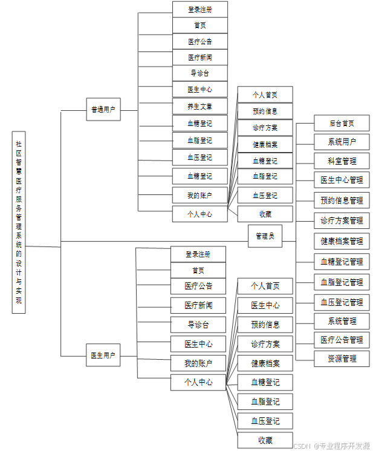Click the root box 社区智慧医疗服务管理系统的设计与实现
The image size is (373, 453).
coord(19,222)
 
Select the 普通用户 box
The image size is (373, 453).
coord(103,110)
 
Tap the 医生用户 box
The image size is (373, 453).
coord(103,355)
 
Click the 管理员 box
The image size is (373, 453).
coord(265,236)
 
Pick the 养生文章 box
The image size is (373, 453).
coord(199,107)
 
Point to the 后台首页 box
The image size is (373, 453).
coord(342,123)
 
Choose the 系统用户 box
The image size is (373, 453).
coord(342,142)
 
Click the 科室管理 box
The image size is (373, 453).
coord(342,161)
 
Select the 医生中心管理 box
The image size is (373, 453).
coord(342,180)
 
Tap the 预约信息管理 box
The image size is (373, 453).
coord(342,200)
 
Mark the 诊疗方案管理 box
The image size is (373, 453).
coord(342,220)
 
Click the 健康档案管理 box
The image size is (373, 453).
coord(342,241)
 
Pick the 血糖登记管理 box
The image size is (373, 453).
coord(342,262)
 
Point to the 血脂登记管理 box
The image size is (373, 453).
coord(342,282)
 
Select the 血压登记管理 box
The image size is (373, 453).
coord(342,302)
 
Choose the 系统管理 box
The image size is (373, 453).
coord(342,321)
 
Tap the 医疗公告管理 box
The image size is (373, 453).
coord(342,340)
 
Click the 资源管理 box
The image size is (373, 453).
coord(342,359)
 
